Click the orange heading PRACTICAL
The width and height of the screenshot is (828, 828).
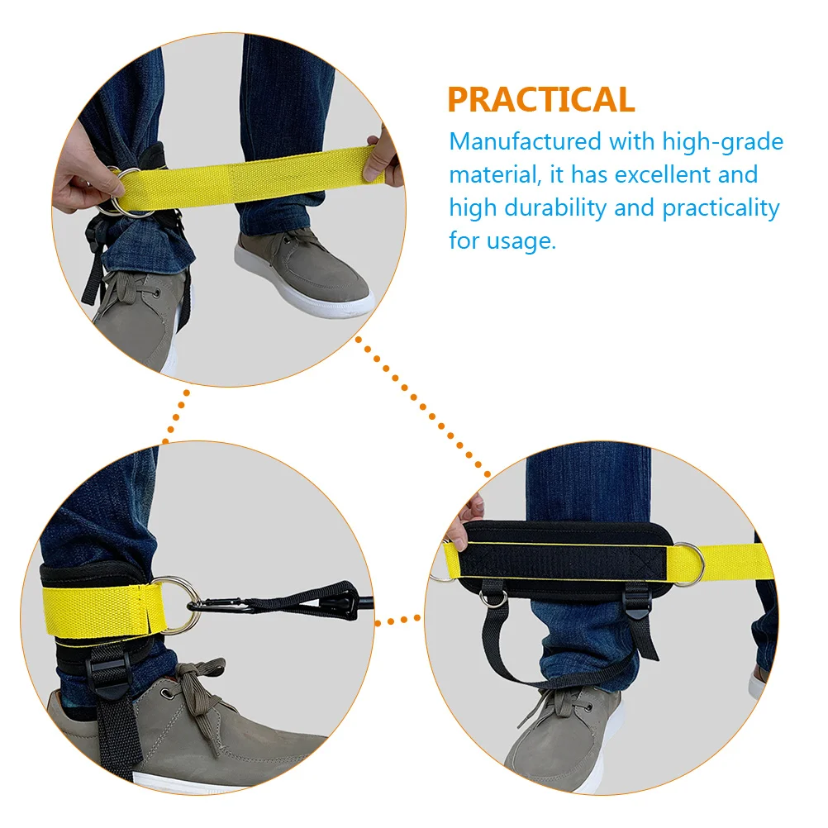pos(541,99)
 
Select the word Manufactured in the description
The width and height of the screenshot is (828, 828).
pos(525,142)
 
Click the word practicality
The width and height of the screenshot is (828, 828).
pos(720,208)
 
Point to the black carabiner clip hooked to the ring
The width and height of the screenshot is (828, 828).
pos(217,607)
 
